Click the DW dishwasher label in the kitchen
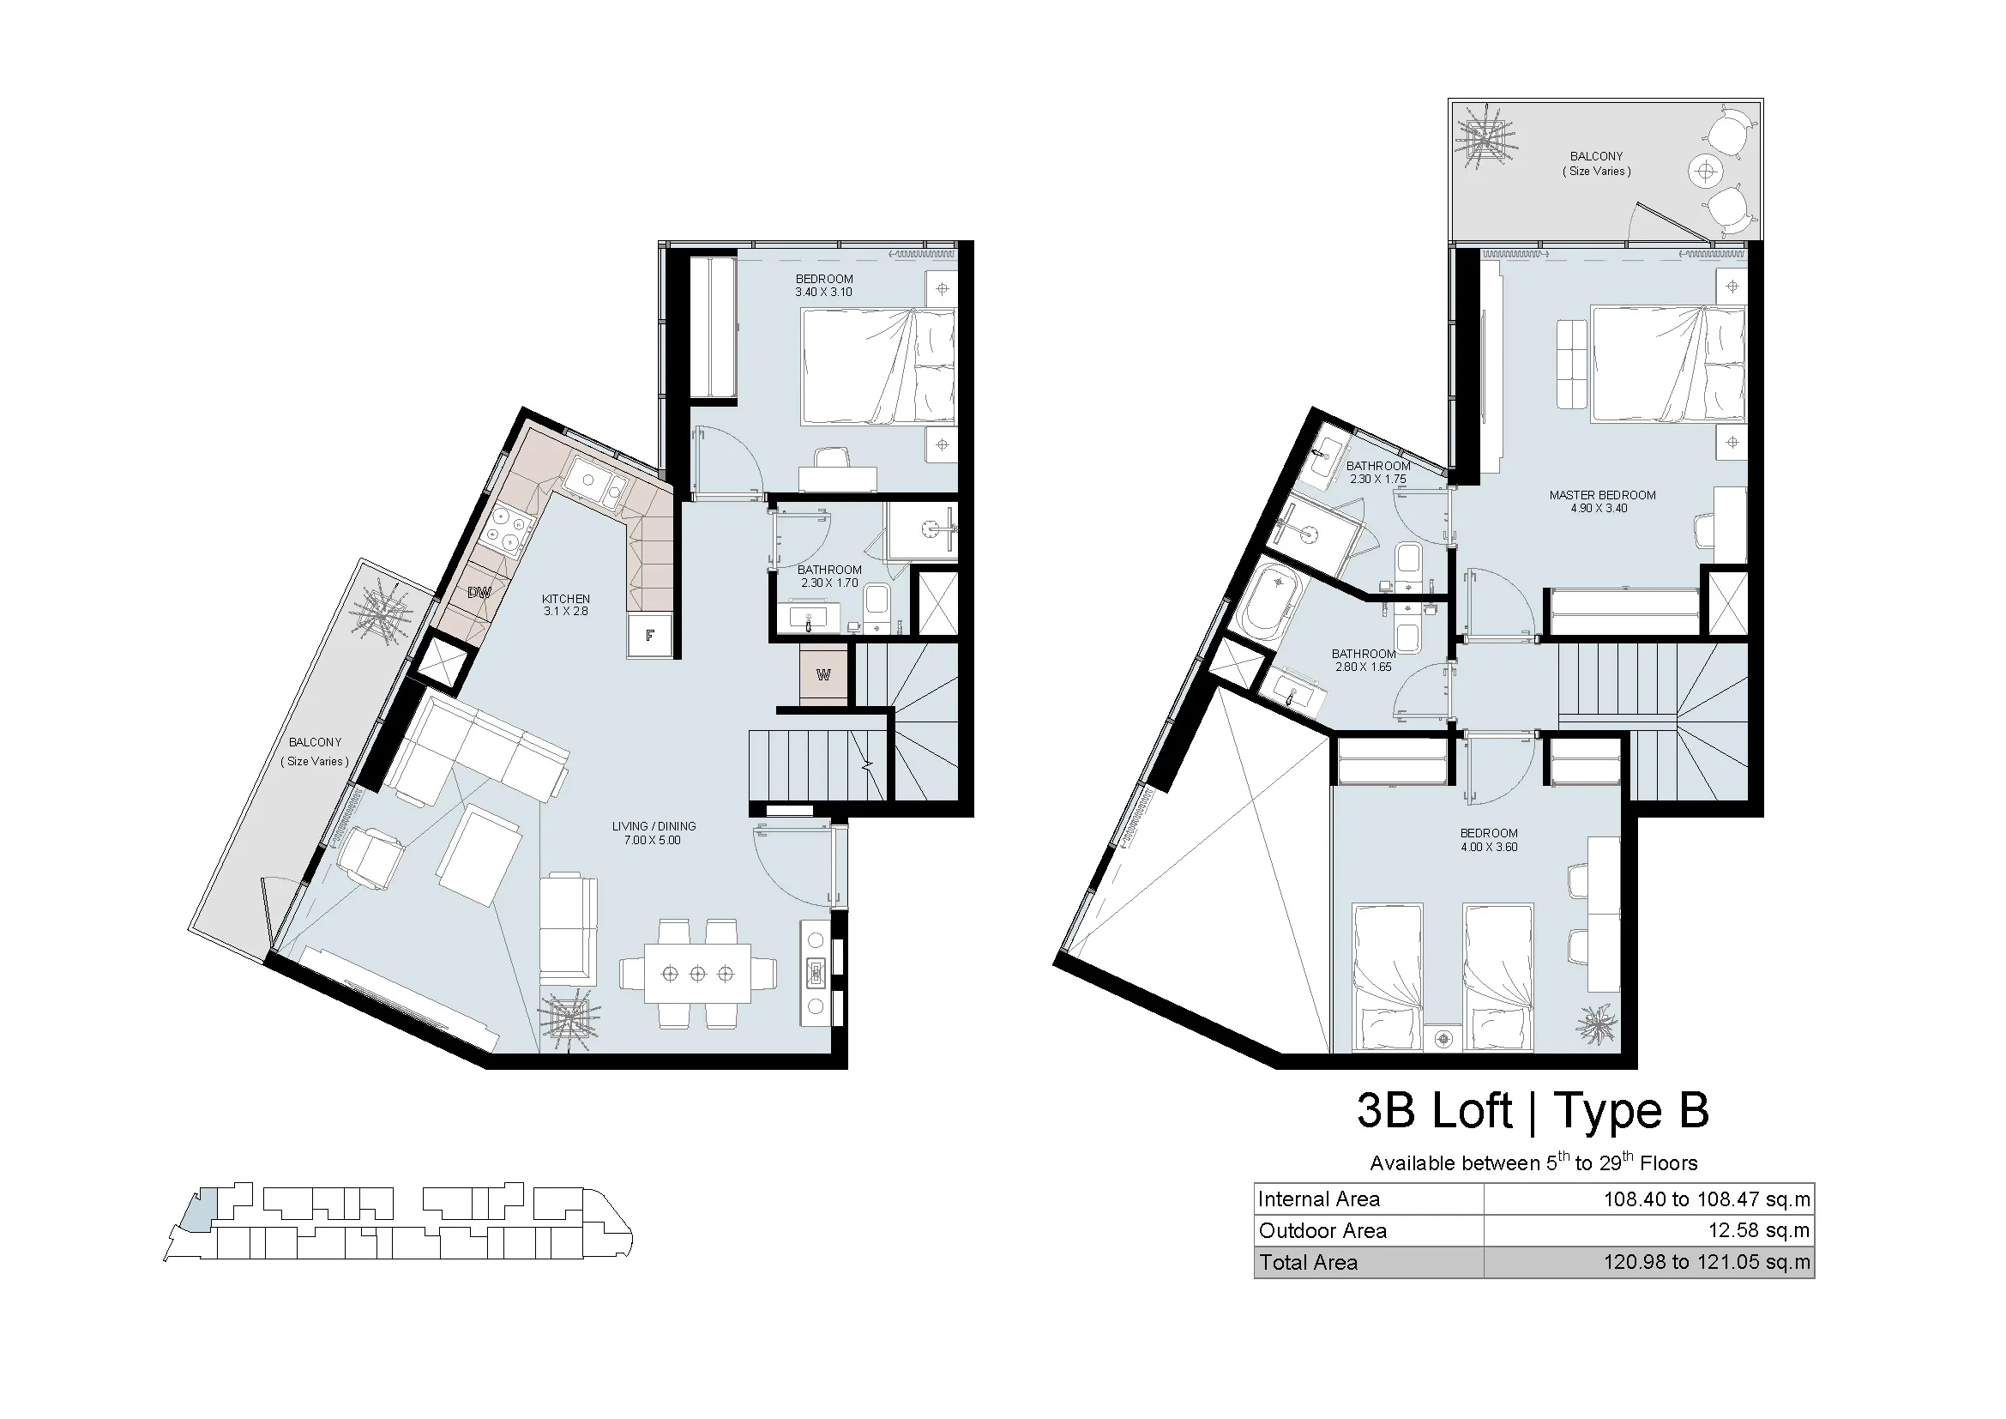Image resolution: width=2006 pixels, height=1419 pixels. (x=478, y=593)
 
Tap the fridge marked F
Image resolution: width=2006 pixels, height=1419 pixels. (x=650, y=635)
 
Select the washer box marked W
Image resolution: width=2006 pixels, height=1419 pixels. (x=823, y=674)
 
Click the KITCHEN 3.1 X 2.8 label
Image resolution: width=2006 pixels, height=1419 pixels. (x=566, y=606)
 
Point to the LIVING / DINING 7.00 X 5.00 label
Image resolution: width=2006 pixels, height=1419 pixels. (x=654, y=834)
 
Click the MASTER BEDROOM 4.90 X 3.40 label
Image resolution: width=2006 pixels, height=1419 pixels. (x=1602, y=502)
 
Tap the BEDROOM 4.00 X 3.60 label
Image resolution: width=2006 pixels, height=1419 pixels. (x=1489, y=840)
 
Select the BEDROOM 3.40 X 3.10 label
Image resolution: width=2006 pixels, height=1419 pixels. (x=824, y=286)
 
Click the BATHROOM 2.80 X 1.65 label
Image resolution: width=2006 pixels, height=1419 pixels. (x=1363, y=660)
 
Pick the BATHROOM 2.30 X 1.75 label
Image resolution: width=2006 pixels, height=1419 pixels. (x=1378, y=473)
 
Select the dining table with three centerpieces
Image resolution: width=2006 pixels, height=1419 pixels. (x=697, y=974)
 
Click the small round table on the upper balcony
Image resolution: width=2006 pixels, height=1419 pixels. (x=1705, y=171)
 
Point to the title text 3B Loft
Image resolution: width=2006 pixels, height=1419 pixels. (x=1434, y=1111)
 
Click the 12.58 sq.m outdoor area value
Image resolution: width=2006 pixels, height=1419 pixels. (x=1759, y=1231)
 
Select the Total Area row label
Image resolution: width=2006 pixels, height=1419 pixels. (x=1308, y=1263)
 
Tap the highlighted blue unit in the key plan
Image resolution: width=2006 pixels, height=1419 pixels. (x=201, y=1211)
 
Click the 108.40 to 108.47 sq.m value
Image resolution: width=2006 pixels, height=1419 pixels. (x=1707, y=1199)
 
